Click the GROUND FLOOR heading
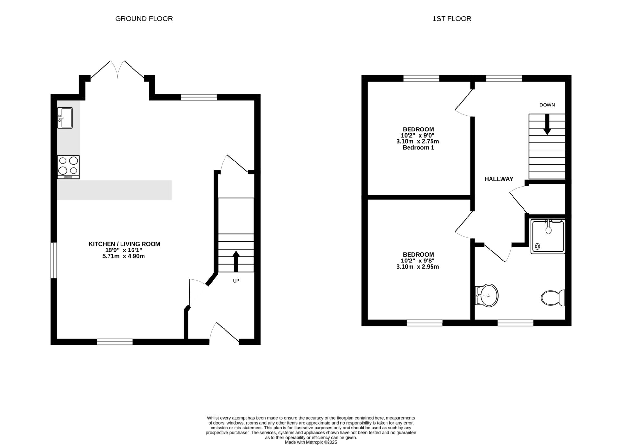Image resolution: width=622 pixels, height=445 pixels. coord(144,19)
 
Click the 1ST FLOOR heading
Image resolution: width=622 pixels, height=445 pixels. coord(452,19)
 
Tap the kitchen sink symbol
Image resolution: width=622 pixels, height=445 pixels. coord(65,118)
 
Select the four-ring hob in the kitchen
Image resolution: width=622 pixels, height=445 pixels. coord(68,167)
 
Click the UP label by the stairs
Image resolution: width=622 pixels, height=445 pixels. coord(236,281)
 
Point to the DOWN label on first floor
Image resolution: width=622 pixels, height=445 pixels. coord(547,105)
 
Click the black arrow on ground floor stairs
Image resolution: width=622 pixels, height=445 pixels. coord(236,261)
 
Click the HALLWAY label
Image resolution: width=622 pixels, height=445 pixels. coord(499,179)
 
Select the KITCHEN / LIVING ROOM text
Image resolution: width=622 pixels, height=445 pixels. coord(124,244)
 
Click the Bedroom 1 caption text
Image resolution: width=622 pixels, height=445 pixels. coord(418,148)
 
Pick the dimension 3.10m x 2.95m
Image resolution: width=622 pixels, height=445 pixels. coord(417,267)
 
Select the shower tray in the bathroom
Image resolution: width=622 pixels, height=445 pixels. coord(548,236)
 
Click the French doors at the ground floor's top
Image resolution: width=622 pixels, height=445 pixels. coord(117,70)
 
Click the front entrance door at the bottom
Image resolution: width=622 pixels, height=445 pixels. coord(224,333)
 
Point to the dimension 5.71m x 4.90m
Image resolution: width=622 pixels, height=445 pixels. coord(123,256)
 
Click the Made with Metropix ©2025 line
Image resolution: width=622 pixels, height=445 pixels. coord(311,442)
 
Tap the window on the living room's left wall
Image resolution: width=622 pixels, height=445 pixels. coord(53,260)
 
